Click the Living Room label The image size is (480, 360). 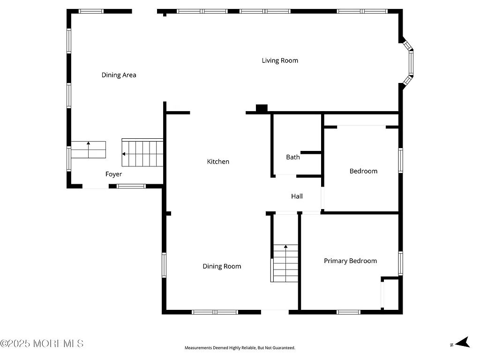(x=280, y=60)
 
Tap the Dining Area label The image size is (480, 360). (x=119, y=75)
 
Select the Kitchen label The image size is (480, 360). (x=218, y=162)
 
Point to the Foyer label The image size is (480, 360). (x=113, y=174)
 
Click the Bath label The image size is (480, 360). (x=293, y=157)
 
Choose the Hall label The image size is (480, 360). (x=297, y=196)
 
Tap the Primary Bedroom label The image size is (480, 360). (x=350, y=261)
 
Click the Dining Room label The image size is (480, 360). (x=222, y=266)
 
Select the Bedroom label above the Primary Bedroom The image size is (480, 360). (x=363, y=171)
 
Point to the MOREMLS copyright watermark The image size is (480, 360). (x=42, y=344)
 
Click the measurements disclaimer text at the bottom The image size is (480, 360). (x=240, y=348)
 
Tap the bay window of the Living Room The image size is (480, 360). (x=410, y=64)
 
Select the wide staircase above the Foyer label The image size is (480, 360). (x=142, y=153)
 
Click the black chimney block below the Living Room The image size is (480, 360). (x=261, y=108)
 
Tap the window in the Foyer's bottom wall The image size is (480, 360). (x=131, y=186)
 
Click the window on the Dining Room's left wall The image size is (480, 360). (x=165, y=265)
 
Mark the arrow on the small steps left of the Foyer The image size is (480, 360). (x=88, y=144)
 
